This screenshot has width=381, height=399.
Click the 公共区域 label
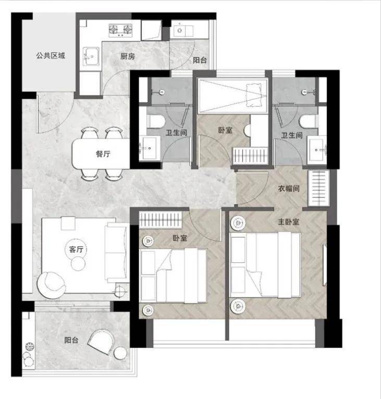coord(51,55)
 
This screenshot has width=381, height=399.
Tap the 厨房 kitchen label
coord(128,56)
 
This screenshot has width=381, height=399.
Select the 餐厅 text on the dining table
coord(103,154)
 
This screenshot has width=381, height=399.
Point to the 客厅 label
coord(76,249)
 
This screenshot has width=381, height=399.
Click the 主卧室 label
coord(289,222)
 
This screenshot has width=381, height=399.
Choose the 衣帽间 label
coord(289,189)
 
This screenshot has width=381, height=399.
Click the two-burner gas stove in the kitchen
coord(120,30)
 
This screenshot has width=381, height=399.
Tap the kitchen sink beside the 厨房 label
coord(91,56)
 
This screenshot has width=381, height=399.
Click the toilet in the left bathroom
coord(155,121)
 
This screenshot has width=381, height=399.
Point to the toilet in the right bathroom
coord(309,121)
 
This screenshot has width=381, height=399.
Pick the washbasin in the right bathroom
coord(317,150)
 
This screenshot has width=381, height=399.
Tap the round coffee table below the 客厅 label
coord(78,263)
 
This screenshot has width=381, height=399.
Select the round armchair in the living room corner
coord(52,285)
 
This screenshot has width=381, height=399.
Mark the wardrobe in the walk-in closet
coord(318,188)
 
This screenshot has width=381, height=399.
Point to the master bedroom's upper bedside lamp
coord(238,223)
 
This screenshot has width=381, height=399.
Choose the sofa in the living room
coord(116,252)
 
